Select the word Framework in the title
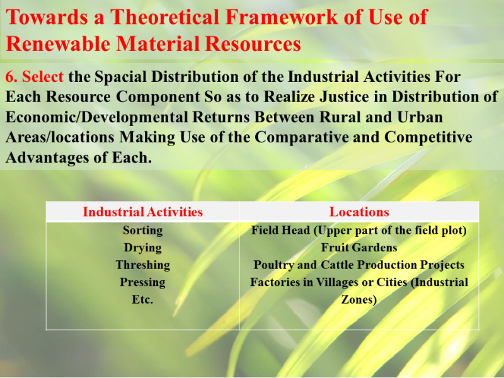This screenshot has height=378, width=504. [282, 17]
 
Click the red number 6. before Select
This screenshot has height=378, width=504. [11, 77]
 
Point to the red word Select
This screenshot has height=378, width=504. [43, 77]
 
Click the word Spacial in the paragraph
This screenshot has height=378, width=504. [120, 77]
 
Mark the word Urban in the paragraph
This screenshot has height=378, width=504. [420, 117]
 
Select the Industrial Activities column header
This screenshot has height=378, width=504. [143, 212]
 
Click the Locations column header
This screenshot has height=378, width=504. [359, 212]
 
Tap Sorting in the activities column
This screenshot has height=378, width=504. [143, 231]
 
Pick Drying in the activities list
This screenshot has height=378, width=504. [143, 248]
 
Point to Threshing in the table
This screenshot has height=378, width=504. [143, 265]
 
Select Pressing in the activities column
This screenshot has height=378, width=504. [143, 282]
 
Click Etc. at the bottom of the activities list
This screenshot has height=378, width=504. [143, 300]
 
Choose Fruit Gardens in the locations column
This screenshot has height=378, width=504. [359, 248]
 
